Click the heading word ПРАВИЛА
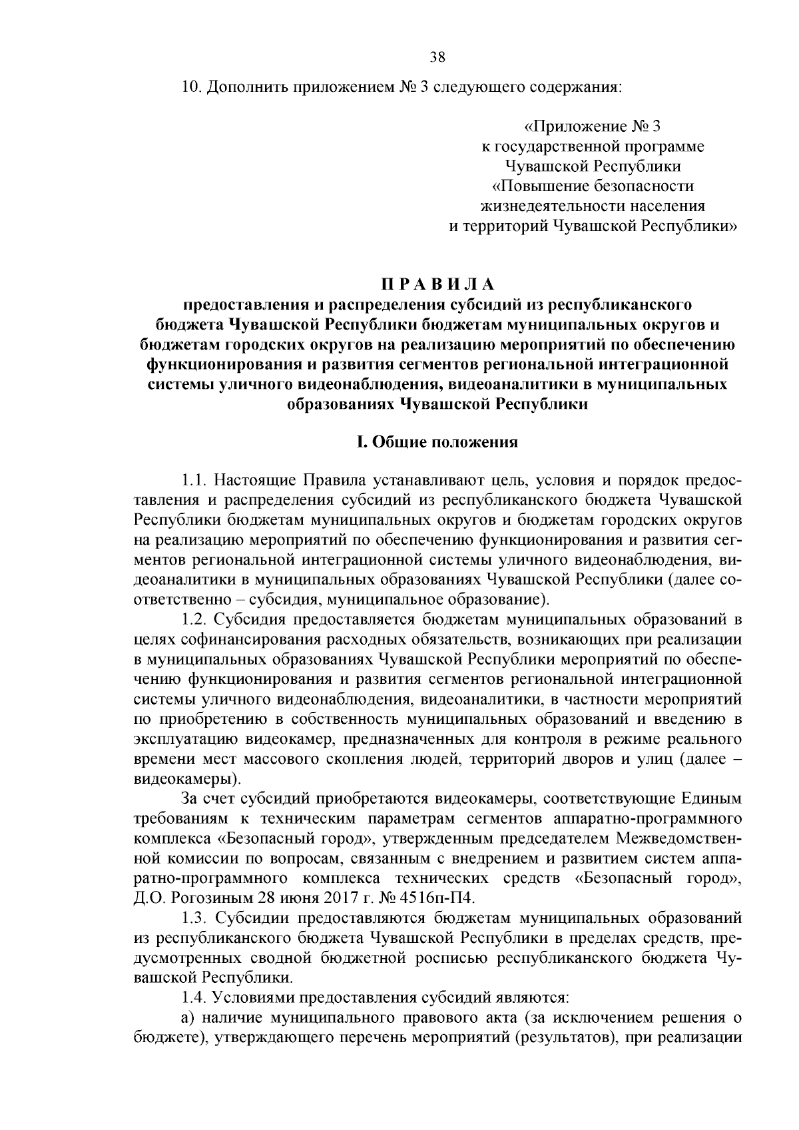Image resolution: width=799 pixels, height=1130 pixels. pos(437,284)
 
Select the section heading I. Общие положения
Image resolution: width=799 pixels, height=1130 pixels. pos(437,442)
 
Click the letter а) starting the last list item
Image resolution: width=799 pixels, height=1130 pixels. pos(187,1018)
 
